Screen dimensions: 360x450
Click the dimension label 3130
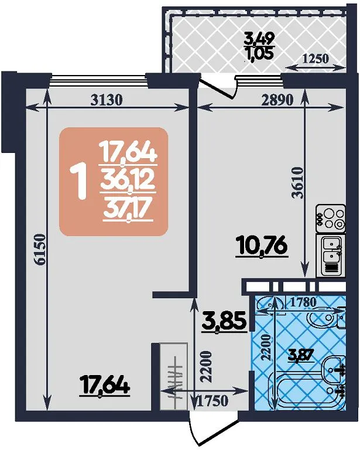[107, 100]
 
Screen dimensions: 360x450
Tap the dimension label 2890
[277, 100]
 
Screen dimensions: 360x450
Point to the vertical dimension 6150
[40, 249]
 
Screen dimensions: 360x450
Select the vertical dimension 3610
[297, 183]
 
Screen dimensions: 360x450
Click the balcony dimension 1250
[316, 59]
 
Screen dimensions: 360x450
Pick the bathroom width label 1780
[303, 302]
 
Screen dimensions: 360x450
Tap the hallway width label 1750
[213, 401]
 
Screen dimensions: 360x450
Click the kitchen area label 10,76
[261, 247]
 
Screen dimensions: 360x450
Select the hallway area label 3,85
[224, 322]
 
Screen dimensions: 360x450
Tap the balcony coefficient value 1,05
[259, 53]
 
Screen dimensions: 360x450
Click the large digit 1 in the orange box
[80, 180]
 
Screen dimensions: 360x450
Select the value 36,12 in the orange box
[127, 181]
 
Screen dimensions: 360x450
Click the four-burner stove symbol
[331, 219]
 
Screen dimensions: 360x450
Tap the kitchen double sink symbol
[331, 255]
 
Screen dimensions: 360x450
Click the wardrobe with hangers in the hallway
[174, 376]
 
